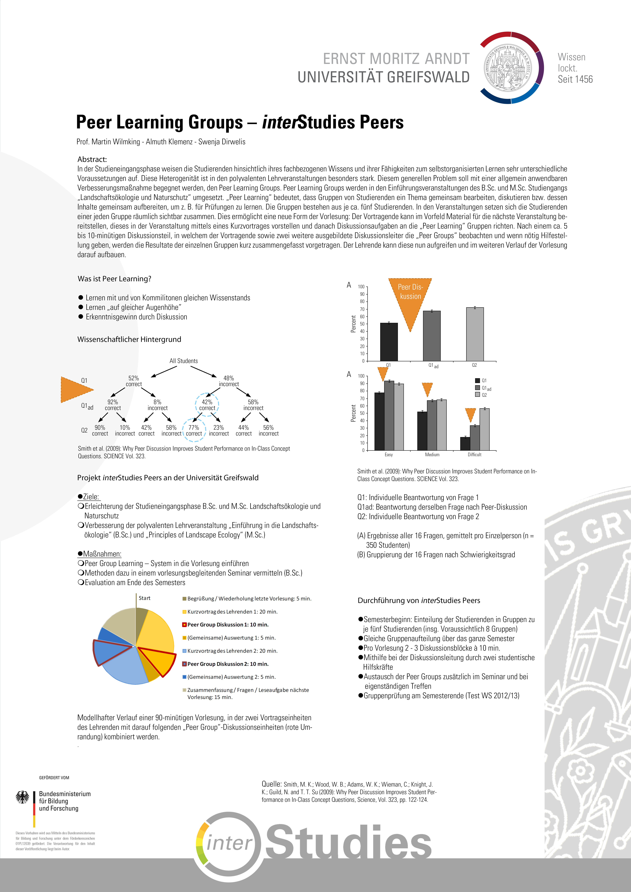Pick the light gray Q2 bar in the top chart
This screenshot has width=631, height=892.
(x=475, y=334)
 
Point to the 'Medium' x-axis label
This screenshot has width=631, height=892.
(x=432, y=455)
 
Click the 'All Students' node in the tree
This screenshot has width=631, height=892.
(x=183, y=361)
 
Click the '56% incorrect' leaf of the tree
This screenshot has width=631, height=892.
(x=268, y=430)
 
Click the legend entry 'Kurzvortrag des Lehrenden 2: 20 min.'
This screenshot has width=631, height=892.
(x=232, y=651)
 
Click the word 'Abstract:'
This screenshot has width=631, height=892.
(x=92, y=159)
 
